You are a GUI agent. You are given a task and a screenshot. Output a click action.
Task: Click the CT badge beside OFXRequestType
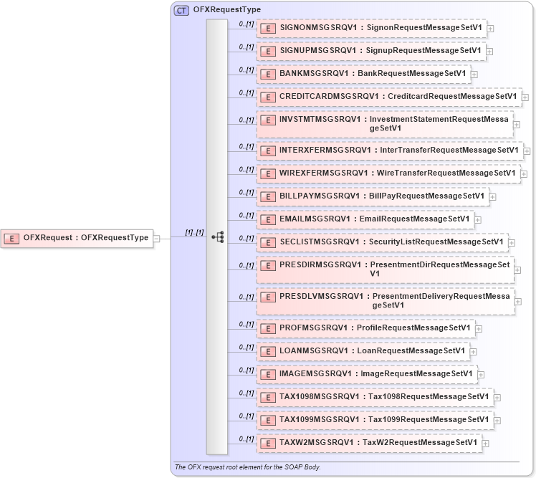[x=182, y=10]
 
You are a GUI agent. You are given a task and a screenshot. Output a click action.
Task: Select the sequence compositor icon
[x=218, y=237]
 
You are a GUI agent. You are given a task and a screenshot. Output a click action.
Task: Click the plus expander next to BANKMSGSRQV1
[x=474, y=74]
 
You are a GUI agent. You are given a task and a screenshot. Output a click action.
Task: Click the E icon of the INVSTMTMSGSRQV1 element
[x=267, y=120]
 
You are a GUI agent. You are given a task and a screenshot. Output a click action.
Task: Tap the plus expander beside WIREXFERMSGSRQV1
[x=524, y=173]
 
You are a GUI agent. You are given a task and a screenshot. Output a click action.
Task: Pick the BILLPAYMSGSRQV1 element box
[x=372, y=196]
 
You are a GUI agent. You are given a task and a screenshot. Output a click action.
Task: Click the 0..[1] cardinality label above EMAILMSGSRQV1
[x=247, y=215]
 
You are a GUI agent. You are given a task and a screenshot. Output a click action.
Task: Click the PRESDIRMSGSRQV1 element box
[x=385, y=269]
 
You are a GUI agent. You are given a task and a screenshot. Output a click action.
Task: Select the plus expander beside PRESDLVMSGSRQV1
[x=519, y=302]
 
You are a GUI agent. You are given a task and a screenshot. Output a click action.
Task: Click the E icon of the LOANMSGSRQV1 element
[x=267, y=351]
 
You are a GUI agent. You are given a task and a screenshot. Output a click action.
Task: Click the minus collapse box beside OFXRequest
[x=157, y=238]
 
